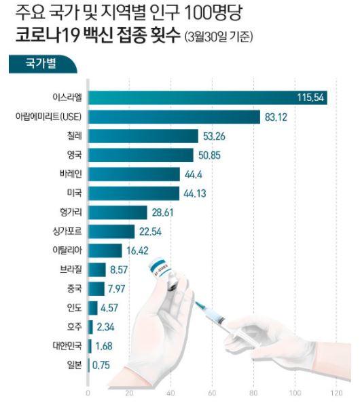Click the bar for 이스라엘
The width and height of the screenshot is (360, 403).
(190, 98)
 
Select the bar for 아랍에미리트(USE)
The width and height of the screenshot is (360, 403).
(174, 117)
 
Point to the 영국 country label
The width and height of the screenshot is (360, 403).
(73, 155)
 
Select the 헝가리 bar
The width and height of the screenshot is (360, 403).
(118, 212)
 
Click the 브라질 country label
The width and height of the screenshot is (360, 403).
(70, 269)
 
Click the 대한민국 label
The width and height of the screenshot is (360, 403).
(67, 345)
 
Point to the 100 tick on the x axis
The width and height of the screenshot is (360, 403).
(295, 393)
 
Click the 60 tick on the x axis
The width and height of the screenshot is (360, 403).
(213, 393)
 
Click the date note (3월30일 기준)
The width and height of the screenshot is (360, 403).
(218, 39)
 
